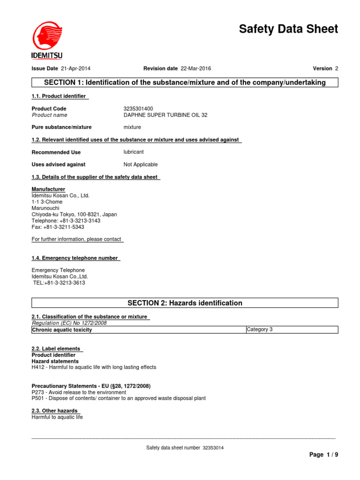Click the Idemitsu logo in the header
pos(47,40)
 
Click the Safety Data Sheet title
pos(288,29)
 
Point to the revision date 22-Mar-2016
pos(195,68)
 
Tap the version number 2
pos(337,68)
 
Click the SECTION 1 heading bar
pos(185,82)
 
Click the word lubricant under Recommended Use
pos(134,152)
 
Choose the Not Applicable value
pos(141,165)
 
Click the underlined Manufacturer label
pos(48,189)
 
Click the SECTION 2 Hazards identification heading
pos(185,303)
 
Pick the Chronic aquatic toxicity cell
pos(62,330)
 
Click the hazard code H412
pos(38,367)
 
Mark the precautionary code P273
pos(38,392)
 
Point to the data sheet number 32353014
pos(213,448)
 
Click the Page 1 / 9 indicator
pos(323,455)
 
